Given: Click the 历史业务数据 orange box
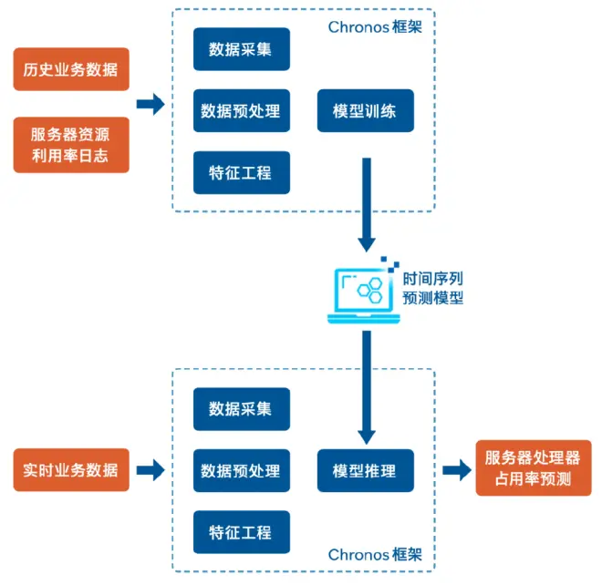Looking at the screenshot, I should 71,69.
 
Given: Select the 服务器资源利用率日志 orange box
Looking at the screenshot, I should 71,144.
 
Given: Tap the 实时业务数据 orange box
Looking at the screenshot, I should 71,470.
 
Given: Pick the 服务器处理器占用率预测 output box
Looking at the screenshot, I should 528,468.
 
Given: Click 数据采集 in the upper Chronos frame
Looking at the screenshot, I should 241,49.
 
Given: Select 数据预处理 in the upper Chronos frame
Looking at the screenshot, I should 241,112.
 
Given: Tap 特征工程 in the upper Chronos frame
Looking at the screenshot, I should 241,172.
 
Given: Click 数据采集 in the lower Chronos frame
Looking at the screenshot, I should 241,409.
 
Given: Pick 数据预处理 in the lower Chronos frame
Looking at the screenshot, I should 241,471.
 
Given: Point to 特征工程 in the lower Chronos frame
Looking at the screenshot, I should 241,532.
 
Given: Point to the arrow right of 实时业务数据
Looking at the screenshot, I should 150,470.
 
